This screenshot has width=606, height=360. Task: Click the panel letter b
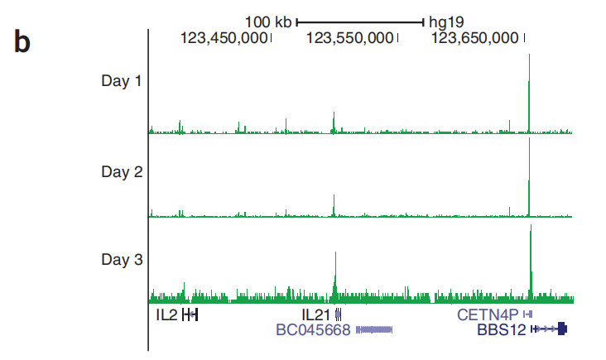click(x=22, y=42)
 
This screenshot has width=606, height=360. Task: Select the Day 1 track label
click(x=121, y=81)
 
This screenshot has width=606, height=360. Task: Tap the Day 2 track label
click(x=121, y=172)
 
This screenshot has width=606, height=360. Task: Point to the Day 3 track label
click(x=121, y=260)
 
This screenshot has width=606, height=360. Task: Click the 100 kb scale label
click(x=268, y=22)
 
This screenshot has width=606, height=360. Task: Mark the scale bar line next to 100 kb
click(x=360, y=22)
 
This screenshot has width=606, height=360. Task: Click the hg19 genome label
click(x=445, y=22)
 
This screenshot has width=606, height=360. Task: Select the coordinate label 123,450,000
click(x=224, y=37)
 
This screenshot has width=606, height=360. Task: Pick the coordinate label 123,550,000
click(x=350, y=37)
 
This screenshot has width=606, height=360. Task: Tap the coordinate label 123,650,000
click(x=475, y=37)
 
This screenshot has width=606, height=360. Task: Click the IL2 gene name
click(x=166, y=314)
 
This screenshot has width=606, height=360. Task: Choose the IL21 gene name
click(x=315, y=314)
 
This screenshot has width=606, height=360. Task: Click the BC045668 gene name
click(x=314, y=329)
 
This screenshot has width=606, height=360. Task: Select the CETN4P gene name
click(x=487, y=314)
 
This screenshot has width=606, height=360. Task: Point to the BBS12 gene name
click(x=502, y=329)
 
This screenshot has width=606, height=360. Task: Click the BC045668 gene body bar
click(x=374, y=329)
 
